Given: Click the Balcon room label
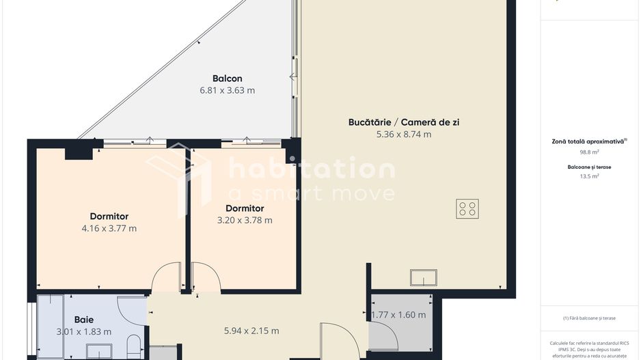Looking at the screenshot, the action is click(228, 79).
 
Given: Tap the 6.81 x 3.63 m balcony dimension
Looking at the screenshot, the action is click(228, 90).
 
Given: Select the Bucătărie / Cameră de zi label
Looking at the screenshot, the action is click(404, 122).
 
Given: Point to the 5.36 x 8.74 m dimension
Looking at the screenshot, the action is click(404, 134).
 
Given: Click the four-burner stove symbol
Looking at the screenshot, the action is click(467, 209).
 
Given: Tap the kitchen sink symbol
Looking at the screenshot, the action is click(424, 277).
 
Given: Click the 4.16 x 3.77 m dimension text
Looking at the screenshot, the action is click(109, 228).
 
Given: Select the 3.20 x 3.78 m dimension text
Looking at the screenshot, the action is click(245, 220).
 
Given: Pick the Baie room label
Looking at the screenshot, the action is click(84, 320).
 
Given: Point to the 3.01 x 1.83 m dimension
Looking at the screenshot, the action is click(84, 332).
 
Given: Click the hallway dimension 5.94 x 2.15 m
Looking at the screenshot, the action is click(251, 331).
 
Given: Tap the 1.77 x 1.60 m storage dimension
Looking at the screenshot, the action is click(398, 315).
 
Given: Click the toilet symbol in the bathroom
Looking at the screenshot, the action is click(134, 346).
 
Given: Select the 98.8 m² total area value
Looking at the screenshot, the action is click(589, 152).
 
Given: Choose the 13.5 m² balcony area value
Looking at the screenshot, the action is click(589, 176).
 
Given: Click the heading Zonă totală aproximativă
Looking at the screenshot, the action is click(588, 142).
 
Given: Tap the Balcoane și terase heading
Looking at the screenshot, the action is click(589, 167).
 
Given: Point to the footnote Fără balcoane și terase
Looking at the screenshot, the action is click(589, 318).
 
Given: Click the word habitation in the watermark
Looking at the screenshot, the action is click(312, 167).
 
